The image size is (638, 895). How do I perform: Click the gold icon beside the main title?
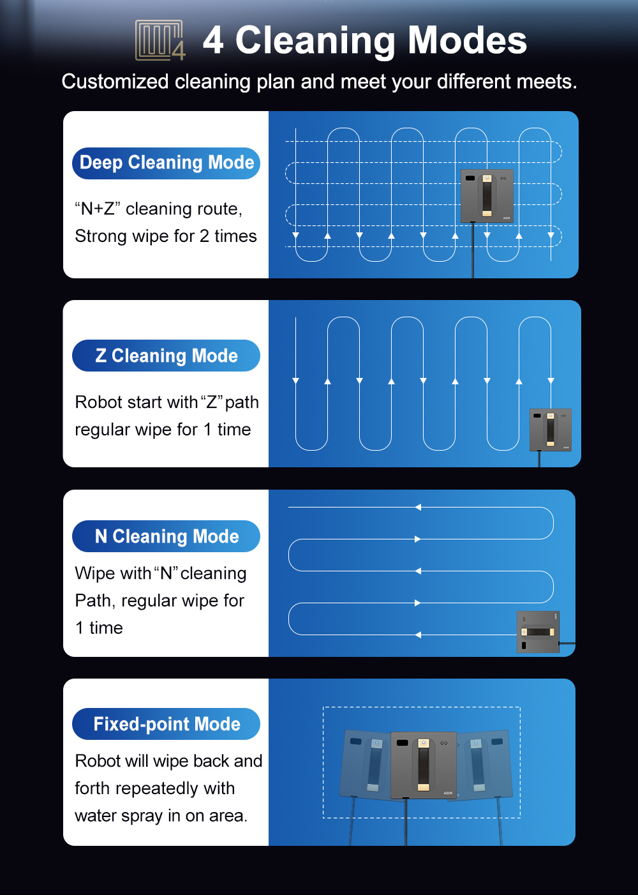point(160,40)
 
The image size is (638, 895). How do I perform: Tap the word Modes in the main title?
point(467,40)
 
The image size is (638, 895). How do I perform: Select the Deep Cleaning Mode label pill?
point(166,163)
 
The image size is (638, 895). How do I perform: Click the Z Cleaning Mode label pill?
point(166,356)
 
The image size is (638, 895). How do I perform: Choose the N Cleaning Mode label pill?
point(166,536)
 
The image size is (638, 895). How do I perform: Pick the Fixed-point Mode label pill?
point(166,724)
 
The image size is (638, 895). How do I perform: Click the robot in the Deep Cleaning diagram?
point(487,196)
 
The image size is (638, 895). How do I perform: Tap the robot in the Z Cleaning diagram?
point(550,430)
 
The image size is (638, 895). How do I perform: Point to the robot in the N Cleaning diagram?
point(538,632)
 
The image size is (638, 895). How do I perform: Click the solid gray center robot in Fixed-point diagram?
point(423,765)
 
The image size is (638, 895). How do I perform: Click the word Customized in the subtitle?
point(115,82)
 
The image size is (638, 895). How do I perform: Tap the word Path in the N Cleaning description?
point(94,601)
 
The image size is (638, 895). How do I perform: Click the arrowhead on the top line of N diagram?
point(418,507)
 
